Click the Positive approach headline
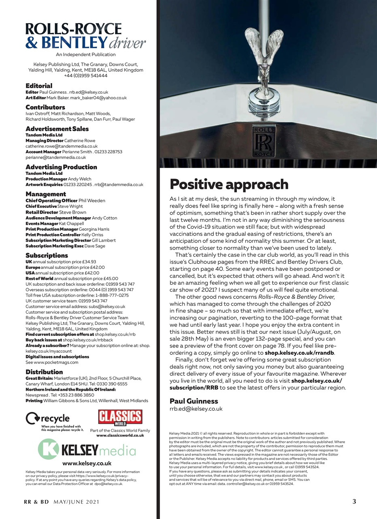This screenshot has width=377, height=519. coord(229,184)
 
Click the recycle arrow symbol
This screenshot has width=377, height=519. coord(32,418)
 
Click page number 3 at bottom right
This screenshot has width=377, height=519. coord(354,502)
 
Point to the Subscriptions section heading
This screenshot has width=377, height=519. coord(47,255)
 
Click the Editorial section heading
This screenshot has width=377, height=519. coord(39,86)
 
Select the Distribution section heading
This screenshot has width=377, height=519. coord(44,372)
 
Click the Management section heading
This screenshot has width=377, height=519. coord(46,194)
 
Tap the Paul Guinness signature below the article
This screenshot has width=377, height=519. coord(194,401)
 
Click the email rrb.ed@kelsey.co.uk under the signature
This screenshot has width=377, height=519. coord(196,409)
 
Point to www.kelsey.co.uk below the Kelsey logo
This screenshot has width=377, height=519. coord(87,463)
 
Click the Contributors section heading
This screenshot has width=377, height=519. coord(45,107)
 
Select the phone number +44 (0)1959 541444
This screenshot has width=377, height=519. coord(85,75)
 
